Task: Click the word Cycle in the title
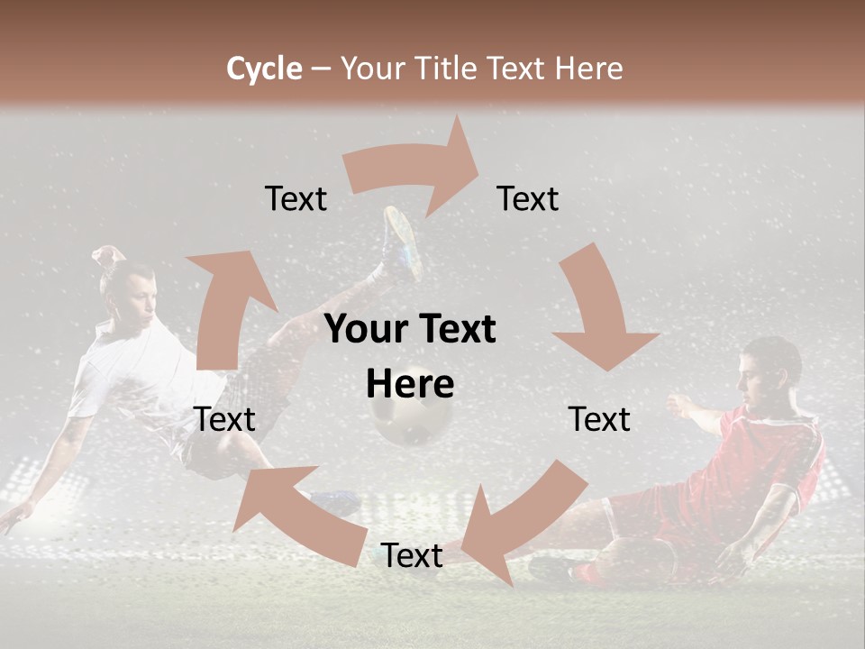coord(264,69)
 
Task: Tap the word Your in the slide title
coord(372,69)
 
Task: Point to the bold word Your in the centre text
coord(366,330)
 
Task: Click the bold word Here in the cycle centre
coord(410,384)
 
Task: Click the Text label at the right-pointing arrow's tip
coord(528,198)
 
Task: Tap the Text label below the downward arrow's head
coord(599,419)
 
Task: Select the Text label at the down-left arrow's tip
coord(412,555)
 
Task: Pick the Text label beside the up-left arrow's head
coord(224,419)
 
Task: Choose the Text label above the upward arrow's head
coord(296,198)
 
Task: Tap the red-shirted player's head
coord(770,365)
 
